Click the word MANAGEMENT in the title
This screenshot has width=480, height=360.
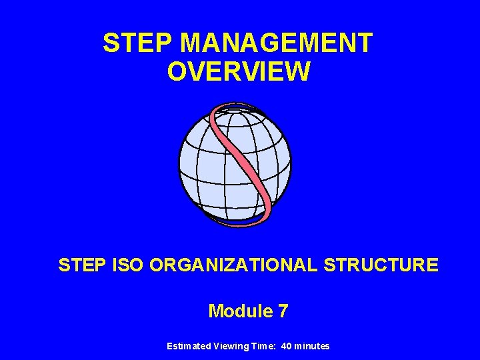tap(276, 43)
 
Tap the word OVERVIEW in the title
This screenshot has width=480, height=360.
tap(239, 71)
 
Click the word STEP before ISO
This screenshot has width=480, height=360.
tap(79, 265)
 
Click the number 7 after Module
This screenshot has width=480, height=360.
tap(283, 311)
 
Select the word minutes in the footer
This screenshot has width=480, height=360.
tap(312, 346)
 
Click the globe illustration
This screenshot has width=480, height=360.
tap(200, 167)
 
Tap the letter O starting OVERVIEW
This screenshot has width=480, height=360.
tap(177, 71)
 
